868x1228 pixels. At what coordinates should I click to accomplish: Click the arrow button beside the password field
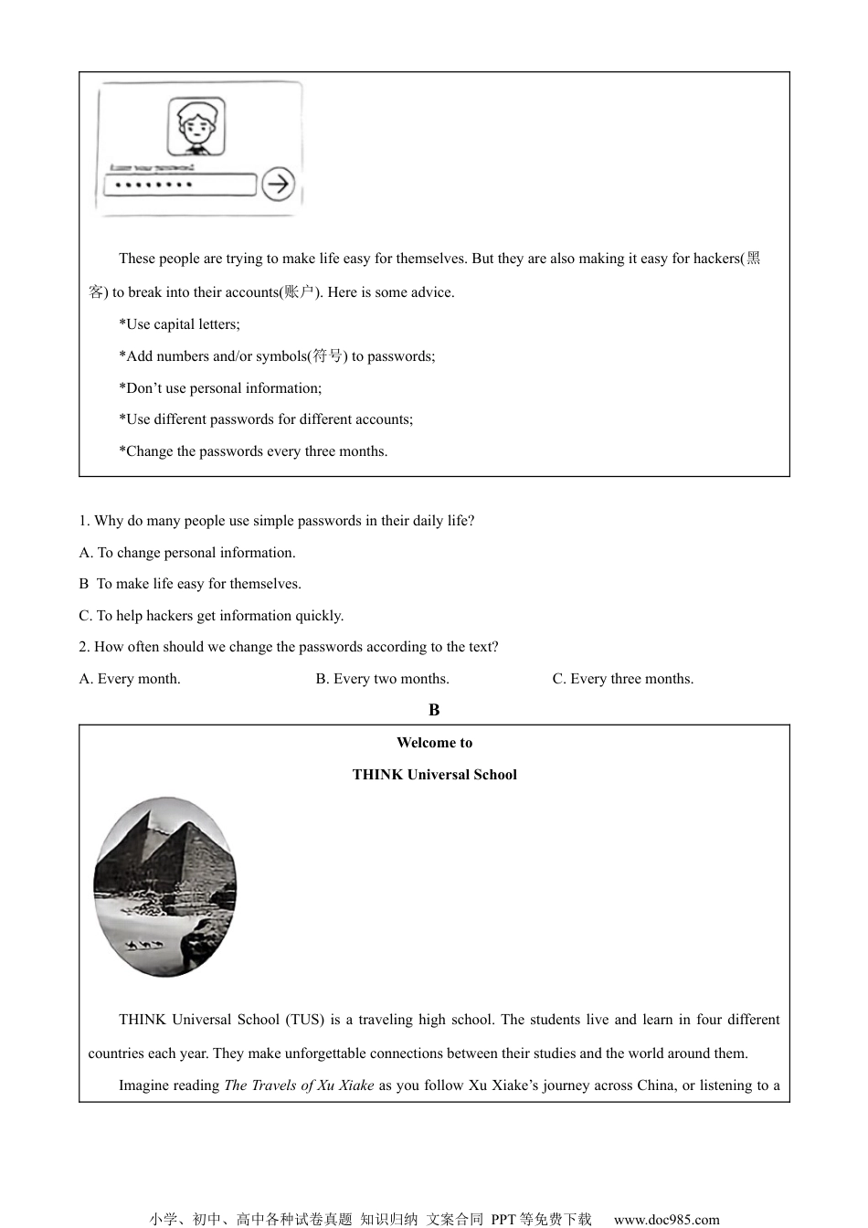point(278,184)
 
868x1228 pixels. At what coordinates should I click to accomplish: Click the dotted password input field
point(179,185)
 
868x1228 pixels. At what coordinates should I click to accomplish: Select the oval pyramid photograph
point(164,886)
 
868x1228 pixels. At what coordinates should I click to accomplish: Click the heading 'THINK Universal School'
point(434,775)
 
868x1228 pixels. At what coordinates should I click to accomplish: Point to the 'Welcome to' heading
point(434,743)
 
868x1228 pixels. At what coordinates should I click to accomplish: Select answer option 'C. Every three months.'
point(622,679)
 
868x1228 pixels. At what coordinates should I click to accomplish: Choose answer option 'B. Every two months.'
point(382,679)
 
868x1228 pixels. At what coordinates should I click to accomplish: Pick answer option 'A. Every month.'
point(130,679)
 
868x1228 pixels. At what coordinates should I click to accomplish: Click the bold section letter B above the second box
point(434,710)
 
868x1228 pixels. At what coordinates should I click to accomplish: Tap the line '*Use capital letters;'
point(179,324)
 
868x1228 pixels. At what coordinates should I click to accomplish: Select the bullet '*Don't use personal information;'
point(220,388)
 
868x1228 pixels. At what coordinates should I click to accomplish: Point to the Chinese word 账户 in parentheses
point(299,292)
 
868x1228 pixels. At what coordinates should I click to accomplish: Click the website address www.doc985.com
point(666,1219)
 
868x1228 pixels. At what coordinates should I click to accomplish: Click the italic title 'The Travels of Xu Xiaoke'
point(299,1085)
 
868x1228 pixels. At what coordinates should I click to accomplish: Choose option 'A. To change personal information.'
point(187,553)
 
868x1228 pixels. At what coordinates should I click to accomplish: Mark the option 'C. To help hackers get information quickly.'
point(211,616)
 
